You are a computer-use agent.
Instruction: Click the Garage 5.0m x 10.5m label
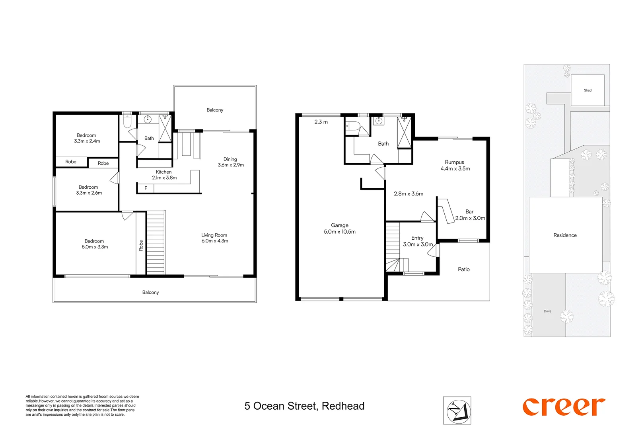tap(339, 229)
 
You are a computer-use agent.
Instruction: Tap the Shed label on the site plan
tap(588, 90)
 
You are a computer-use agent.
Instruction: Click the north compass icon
tap(457, 410)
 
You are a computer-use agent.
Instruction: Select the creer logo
tap(564, 407)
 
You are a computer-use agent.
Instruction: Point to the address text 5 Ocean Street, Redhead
tap(304, 406)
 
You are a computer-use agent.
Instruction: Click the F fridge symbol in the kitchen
tap(146, 188)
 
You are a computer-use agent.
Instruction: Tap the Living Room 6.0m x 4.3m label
tap(214, 238)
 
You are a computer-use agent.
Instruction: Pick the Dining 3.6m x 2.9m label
tap(230, 162)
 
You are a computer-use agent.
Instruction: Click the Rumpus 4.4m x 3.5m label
tap(455, 165)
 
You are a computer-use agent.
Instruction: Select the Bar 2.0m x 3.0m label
tap(470, 215)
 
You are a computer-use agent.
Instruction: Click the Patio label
tap(463, 270)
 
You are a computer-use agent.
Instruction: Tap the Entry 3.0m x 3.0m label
tap(418, 241)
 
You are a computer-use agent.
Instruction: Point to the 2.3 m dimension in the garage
tap(321, 122)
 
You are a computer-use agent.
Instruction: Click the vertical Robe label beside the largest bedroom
tap(141, 245)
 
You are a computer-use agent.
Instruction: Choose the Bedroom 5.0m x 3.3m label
tap(95, 244)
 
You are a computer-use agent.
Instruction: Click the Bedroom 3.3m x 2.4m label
tap(87, 138)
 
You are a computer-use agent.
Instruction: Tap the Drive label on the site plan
tap(547, 311)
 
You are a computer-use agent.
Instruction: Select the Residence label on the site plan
tap(565, 235)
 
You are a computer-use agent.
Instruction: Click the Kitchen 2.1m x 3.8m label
tap(164, 175)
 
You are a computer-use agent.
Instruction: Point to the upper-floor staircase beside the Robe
tap(156, 243)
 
